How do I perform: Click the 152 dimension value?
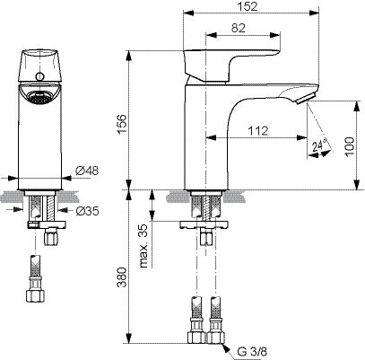[248, 6]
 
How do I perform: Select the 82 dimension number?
[239, 28]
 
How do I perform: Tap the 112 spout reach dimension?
[258, 131]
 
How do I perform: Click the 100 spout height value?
[349, 146]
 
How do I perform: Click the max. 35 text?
[144, 246]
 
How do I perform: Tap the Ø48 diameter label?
[87, 171]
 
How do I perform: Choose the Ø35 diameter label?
[87, 211]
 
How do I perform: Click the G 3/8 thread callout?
[252, 351]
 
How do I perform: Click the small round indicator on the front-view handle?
[39, 76]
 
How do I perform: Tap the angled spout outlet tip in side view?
[306, 99]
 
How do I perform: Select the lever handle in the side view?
[232, 66]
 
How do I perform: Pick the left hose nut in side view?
[196, 337]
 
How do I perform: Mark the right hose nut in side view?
[215, 337]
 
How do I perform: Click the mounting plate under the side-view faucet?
[204, 224]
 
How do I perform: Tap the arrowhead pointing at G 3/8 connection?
[226, 348]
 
